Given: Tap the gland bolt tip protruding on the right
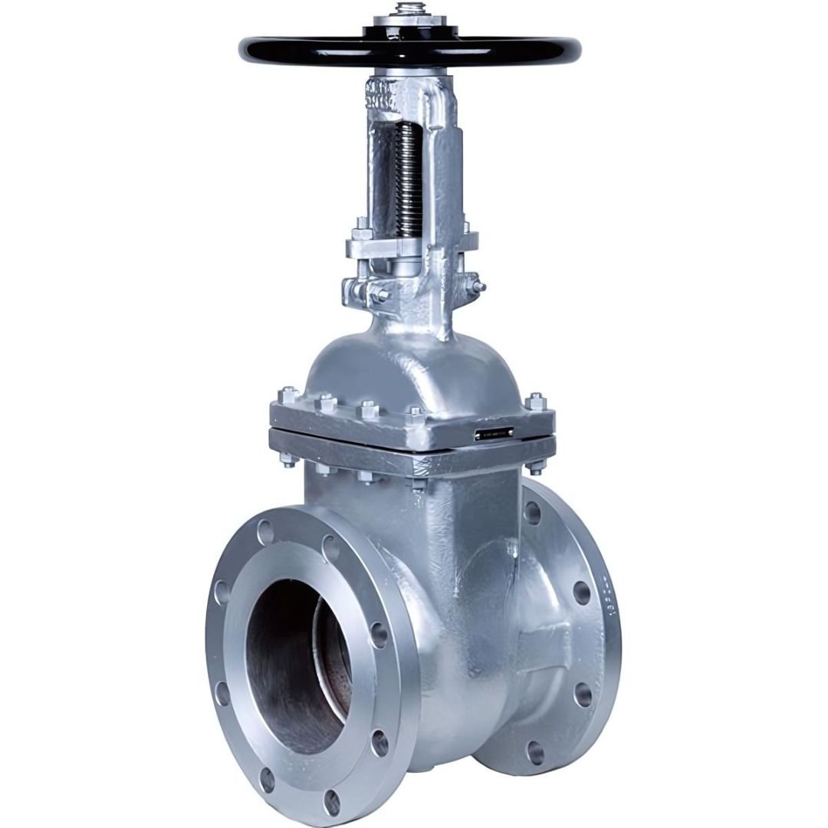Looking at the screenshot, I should [481, 287].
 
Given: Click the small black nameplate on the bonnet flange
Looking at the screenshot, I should [495, 434].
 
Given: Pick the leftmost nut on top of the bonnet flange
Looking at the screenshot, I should [289, 396].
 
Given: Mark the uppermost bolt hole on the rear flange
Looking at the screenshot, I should [531, 512].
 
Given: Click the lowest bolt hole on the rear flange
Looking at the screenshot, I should [534, 752].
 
